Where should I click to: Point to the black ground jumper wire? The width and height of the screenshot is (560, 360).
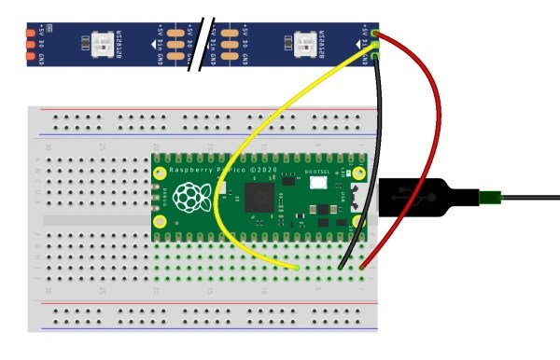click(380, 140)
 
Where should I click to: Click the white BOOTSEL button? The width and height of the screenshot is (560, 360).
click(319, 184)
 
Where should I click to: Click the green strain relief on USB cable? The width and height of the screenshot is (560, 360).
click(490, 197)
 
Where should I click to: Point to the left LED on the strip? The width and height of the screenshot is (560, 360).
click(98, 42)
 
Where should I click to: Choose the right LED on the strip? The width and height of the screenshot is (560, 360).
click(304, 42)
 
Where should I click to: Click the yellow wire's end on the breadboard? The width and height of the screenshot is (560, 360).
click(296, 268)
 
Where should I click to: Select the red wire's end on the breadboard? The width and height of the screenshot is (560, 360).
click(362, 268)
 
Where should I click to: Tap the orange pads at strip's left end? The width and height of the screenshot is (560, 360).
click(30, 43)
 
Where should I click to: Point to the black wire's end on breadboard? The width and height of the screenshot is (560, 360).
click(341, 268)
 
